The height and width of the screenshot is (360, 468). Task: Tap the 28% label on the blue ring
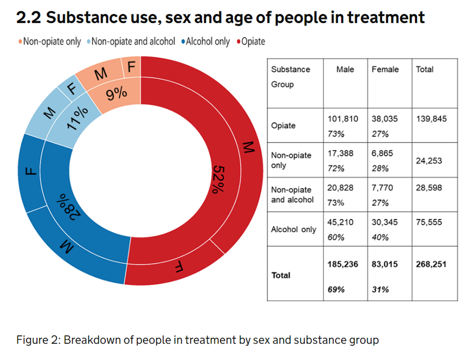coord(69,206)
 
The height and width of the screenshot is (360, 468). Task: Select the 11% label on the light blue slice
coord(78,118)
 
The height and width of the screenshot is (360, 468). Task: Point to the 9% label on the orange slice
coord(116,93)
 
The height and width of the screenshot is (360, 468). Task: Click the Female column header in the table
coord(385,69)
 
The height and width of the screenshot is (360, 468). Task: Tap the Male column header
coord(345,69)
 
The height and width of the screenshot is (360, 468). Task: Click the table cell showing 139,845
coord(431,119)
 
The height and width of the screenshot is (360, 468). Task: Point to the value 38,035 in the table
coord(385,119)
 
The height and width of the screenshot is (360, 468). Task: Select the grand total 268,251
coord(431,264)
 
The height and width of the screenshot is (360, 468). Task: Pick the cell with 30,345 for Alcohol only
coord(385,223)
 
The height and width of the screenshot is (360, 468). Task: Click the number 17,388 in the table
coord(340,154)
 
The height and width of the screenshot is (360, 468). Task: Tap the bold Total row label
coord(281,275)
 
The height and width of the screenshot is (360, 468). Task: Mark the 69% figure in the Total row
coord(336,290)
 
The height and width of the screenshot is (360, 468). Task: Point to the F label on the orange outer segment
coord(131,67)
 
